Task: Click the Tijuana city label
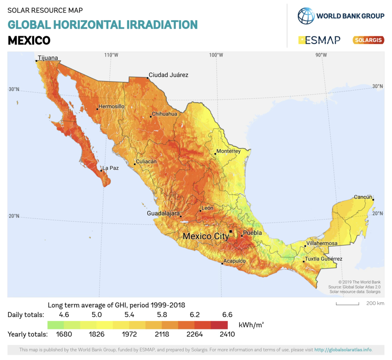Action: [x=48, y=58]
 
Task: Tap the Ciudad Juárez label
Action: [x=168, y=75]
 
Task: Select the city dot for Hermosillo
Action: [x=97, y=109]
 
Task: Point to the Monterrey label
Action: [x=229, y=151]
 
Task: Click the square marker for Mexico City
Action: [x=230, y=231]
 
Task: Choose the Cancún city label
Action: [x=363, y=197]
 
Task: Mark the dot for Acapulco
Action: [x=222, y=264]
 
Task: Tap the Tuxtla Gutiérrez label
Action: [x=323, y=259]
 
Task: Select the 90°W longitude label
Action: [x=321, y=55]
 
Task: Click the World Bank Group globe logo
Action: [x=306, y=16]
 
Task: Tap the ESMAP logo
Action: [x=319, y=40]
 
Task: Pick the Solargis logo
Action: [x=368, y=40]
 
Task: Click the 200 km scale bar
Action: [x=348, y=304]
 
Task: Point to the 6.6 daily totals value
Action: [x=227, y=315]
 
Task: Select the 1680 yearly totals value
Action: [x=64, y=334]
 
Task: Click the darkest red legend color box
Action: [x=219, y=325]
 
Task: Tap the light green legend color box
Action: [x=56, y=325]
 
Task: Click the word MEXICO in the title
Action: [x=29, y=40]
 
